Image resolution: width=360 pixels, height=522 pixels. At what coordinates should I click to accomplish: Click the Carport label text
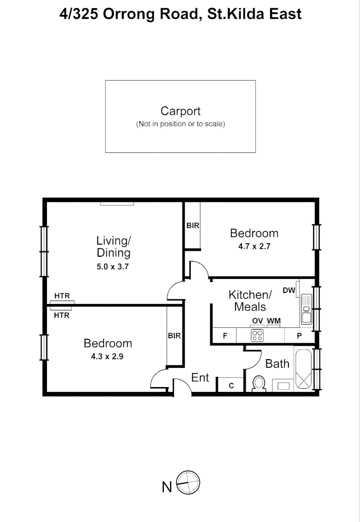[180, 111]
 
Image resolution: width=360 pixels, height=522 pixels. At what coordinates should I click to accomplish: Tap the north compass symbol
[188, 482]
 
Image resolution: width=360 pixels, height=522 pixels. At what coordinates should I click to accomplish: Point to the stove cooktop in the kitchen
[257, 335]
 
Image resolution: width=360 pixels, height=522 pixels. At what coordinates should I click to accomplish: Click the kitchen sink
[306, 309]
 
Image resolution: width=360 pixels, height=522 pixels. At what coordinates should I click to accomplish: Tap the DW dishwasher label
[288, 290]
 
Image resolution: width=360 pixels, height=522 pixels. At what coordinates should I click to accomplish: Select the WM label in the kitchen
[274, 321]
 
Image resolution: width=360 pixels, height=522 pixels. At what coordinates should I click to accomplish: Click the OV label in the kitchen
[257, 321]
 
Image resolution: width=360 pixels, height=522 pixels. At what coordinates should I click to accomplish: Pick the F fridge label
[225, 335]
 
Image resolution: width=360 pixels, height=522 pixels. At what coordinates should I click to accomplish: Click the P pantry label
[299, 335]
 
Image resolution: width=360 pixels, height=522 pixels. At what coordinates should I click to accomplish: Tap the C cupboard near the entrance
[231, 385]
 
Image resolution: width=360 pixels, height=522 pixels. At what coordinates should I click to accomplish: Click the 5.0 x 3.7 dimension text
[113, 266]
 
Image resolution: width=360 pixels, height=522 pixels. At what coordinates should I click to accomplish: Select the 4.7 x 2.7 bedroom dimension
[254, 246]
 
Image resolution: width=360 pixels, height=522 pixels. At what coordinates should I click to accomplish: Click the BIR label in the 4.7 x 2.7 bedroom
[193, 225]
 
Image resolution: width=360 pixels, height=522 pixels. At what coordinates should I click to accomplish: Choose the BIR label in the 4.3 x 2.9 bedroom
[174, 335]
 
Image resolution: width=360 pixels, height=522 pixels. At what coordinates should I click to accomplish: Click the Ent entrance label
[200, 377]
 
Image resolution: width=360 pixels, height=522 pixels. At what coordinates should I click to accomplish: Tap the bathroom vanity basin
[282, 385]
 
